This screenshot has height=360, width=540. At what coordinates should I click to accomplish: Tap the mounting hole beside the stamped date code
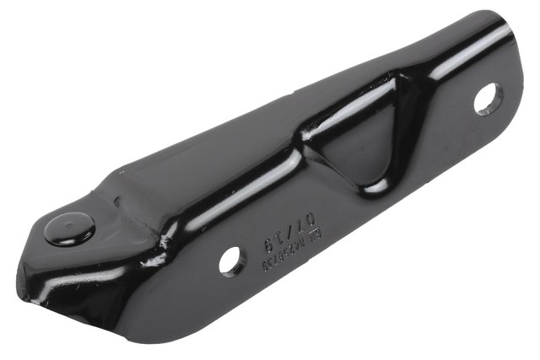click(x=232, y=261)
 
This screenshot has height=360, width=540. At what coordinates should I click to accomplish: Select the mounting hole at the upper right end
click(x=488, y=99)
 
